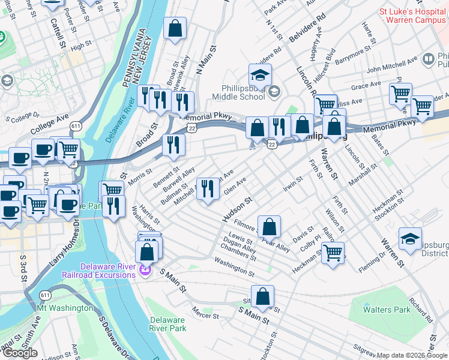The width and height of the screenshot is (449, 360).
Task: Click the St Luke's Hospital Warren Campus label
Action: [413, 16]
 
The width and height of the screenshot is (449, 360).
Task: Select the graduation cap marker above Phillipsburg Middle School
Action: [260, 76]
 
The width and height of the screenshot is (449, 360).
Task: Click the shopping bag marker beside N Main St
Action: [175, 28]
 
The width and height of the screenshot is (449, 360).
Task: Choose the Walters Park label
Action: [387, 310]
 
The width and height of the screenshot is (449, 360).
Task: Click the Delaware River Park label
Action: [168, 324]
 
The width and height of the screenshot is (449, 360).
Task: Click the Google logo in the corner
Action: [20, 353]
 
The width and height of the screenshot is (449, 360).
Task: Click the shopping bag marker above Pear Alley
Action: [270, 226]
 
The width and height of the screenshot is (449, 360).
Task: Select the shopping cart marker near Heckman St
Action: [332, 252]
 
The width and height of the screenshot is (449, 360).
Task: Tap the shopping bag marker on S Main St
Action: [262, 296]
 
